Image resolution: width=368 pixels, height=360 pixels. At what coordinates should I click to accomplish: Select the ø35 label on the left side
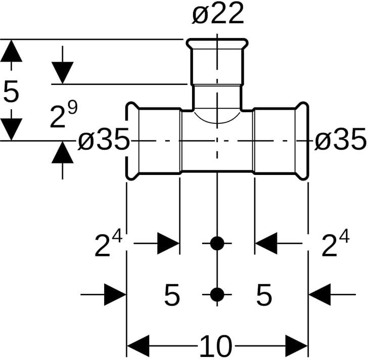click(x=104, y=141)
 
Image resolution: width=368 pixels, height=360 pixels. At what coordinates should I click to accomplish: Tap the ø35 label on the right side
click(x=340, y=141)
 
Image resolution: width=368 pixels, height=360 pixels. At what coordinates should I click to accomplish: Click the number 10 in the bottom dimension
click(x=216, y=347)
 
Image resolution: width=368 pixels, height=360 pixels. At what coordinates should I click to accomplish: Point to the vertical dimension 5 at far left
click(x=11, y=92)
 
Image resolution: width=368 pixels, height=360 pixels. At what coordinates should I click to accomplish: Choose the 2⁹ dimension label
click(x=63, y=115)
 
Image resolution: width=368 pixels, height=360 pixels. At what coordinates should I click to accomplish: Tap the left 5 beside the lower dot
click(x=172, y=295)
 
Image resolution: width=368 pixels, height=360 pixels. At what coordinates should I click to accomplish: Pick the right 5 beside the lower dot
click(x=264, y=295)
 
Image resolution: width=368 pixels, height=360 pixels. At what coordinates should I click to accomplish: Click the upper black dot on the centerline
click(x=217, y=244)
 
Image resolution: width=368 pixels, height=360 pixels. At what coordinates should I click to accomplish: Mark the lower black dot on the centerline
click(x=217, y=294)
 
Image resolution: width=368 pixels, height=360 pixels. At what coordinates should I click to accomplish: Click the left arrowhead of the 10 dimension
click(x=136, y=347)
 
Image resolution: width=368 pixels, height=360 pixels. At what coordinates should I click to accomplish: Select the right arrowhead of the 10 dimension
click(x=297, y=347)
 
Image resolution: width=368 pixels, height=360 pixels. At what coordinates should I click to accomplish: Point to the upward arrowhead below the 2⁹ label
click(x=62, y=152)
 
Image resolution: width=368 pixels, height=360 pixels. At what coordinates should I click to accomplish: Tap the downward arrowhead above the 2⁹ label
click(x=62, y=72)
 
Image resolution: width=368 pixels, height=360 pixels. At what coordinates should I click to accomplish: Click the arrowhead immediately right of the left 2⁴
click(x=169, y=244)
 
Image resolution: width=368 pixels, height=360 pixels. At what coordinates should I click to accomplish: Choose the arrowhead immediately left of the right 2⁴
click(x=266, y=244)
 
